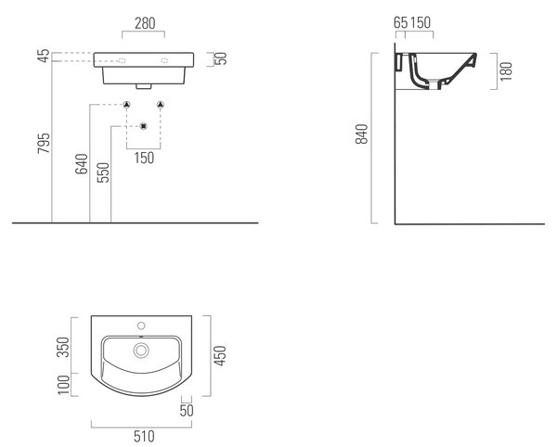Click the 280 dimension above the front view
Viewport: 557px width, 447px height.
coord(145,23)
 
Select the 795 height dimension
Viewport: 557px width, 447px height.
coord(44,143)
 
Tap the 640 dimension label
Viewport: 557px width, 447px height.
coord(82,164)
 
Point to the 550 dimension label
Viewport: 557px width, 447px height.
coord(103,172)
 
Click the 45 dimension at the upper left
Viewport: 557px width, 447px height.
coord(44,56)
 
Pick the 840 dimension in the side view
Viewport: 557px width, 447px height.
coord(362,134)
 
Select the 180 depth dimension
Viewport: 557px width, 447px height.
coord(506,71)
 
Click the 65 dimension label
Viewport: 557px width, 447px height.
coord(401,22)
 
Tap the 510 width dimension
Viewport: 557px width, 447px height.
coord(144,437)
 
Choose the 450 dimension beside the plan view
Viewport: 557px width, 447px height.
coord(220,355)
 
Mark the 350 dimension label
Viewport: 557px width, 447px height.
coord(63,348)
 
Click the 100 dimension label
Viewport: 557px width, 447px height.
coord(64,385)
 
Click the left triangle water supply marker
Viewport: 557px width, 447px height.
coord(127,104)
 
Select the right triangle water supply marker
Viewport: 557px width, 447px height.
coord(161,104)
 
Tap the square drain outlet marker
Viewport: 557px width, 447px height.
coord(144,126)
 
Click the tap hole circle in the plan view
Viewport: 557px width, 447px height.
coord(141,326)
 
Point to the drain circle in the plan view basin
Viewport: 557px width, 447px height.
coord(141,351)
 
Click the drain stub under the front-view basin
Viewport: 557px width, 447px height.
coord(144,86)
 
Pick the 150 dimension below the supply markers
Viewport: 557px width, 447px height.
coord(144,158)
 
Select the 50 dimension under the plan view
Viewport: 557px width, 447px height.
coord(187,411)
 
